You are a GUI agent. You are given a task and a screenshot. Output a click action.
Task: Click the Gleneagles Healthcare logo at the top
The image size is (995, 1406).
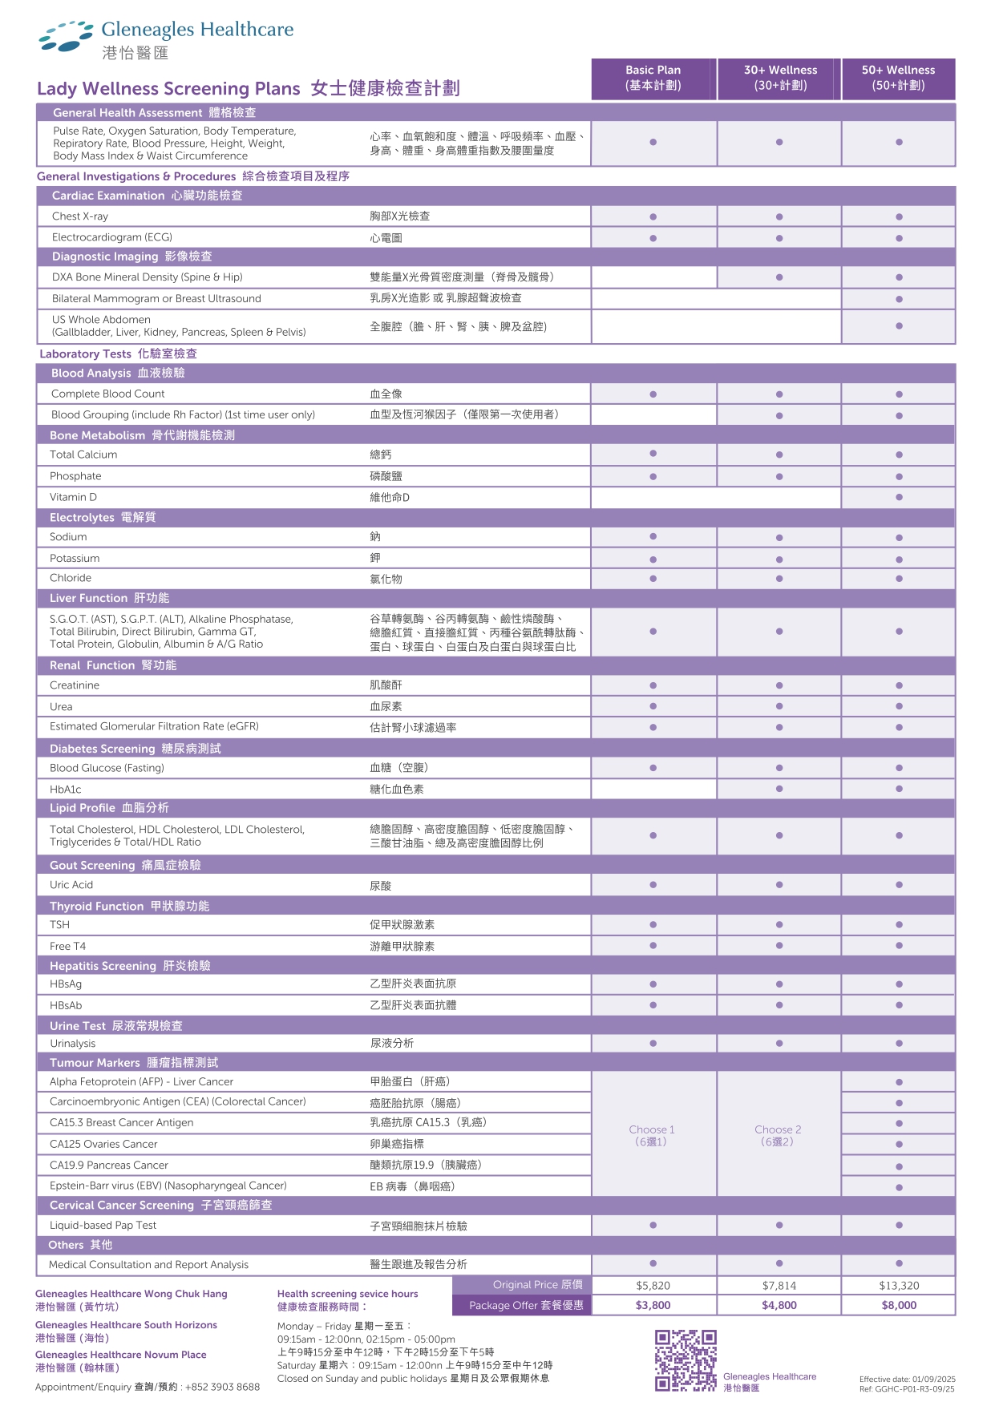167,40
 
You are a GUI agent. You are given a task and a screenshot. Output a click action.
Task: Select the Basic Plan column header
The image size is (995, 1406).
653,78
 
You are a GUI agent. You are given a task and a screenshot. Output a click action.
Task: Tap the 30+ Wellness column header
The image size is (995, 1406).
779,78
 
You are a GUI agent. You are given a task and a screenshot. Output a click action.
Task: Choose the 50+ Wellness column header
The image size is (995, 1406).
898,78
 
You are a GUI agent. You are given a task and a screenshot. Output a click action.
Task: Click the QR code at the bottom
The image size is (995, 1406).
686,1360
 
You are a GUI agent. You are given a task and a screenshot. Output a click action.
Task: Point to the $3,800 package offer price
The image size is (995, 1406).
653,1305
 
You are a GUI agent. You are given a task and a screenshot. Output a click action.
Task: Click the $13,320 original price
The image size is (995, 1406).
899,1285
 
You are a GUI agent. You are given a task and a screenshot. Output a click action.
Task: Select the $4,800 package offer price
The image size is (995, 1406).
779,1305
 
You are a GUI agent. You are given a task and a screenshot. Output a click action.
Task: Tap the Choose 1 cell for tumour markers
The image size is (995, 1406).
652,1135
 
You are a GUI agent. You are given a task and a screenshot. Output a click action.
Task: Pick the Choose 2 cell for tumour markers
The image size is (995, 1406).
778,1135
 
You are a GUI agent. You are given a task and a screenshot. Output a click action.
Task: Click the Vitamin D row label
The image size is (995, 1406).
73,497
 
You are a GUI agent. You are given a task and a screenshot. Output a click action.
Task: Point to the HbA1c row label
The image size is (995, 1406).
66,790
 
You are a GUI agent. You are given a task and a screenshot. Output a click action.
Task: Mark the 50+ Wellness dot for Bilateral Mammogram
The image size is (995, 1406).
899,299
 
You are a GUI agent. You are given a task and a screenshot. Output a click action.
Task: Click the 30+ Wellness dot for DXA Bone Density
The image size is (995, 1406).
779,277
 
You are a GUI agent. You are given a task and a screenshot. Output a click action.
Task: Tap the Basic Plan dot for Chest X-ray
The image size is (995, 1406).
653,217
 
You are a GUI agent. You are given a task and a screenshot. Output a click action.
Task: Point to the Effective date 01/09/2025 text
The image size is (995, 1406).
908,1380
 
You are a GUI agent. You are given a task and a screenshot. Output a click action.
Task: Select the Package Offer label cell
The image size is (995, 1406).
525,1305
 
